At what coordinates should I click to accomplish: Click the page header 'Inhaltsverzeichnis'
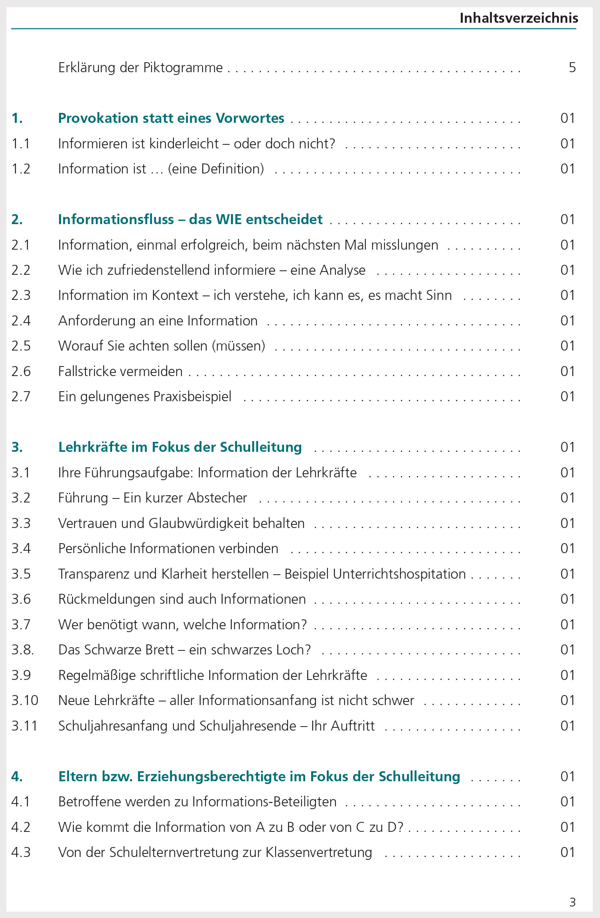click(x=519, y=18)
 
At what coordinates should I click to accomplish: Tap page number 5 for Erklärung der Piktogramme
click(x=572, y=67)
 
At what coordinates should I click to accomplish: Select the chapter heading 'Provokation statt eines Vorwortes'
click(x=171, y=118)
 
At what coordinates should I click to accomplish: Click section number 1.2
click(x=21, y=169)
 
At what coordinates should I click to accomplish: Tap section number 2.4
click(x=21, y=321)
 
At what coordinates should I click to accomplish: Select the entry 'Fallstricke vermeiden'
click(x=120, y=371)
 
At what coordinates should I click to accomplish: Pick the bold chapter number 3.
click(x=17, y=447)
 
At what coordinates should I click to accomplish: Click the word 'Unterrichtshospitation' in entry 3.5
click(x=399, y=574)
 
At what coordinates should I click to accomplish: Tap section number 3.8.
click(x=22, y=650)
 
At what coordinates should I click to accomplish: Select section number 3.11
click(x=24, y=726)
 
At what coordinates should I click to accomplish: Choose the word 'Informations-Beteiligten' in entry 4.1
click(x=264, y=802)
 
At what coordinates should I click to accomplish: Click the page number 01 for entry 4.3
click(x=567, y=852)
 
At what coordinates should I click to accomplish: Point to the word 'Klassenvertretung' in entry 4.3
click(x=319, y=852)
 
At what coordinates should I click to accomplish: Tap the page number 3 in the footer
click(x=572, y=902)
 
